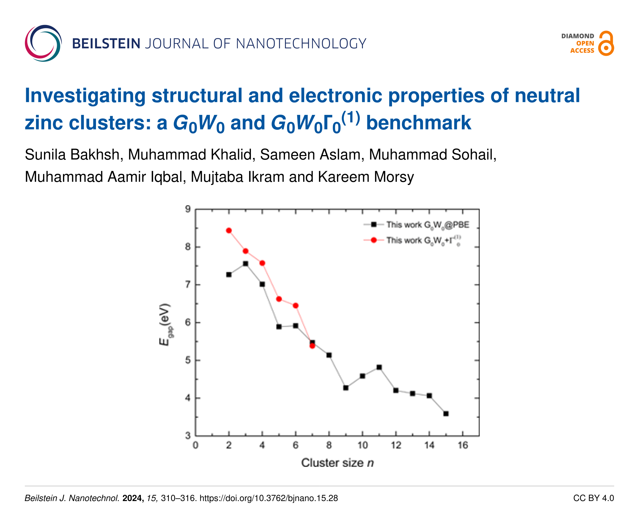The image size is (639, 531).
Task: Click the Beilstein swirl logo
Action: [x=43, y=43]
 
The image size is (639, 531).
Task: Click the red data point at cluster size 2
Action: [x=229, y=230]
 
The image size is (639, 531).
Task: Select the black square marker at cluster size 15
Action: [x=446, y=414]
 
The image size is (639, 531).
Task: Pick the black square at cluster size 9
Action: [x=346, y=388]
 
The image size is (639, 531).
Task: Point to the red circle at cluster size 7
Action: [x=312, y=346]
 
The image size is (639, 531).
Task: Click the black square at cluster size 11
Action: [x=379, y=367]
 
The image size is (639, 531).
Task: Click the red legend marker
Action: [x=374, y=240]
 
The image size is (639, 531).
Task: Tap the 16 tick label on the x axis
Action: [x=462, y=445]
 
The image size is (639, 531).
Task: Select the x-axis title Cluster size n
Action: [x=337, y=463]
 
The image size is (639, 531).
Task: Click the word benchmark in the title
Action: [x=418, y=123]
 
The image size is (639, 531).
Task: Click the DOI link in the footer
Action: [x=268, y=498]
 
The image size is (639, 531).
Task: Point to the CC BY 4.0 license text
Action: [x=593, y=498]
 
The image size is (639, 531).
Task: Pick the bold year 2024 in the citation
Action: [x=133, y=498]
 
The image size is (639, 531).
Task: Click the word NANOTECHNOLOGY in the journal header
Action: [x=301, y=44]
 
